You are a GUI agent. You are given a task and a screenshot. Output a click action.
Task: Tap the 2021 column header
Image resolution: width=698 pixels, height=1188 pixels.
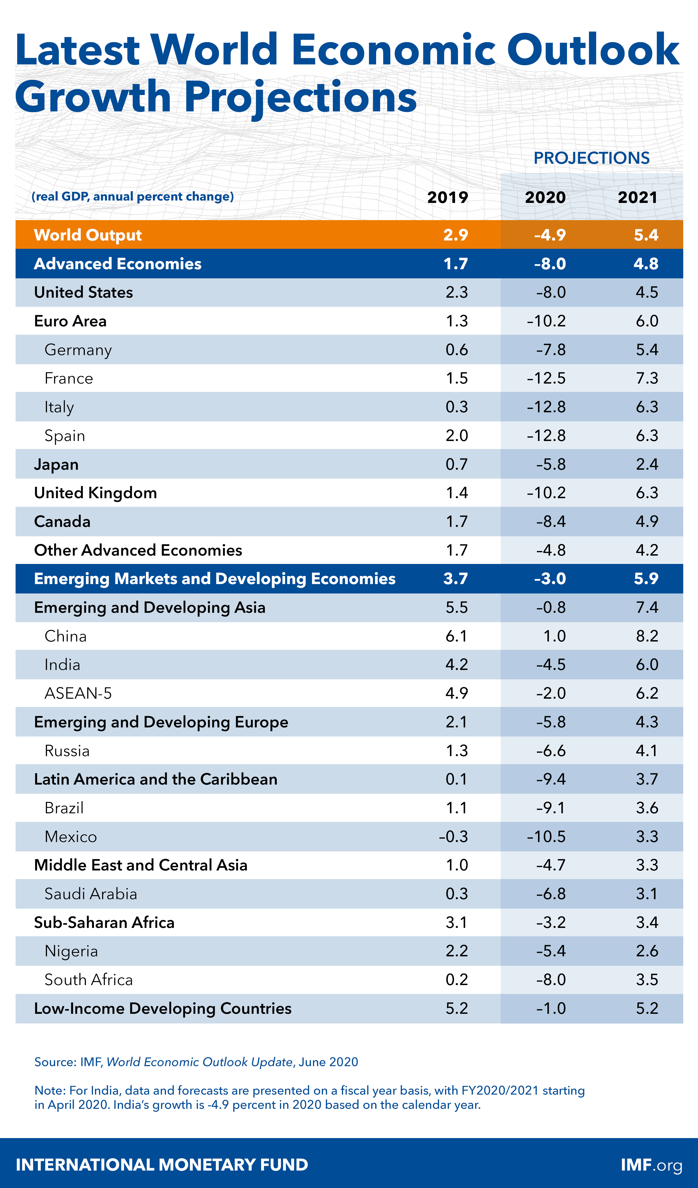pyautogui.click(x=638, y=197)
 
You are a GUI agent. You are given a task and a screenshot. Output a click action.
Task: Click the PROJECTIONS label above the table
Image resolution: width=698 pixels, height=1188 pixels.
pyautogui.click(x=591, y=158)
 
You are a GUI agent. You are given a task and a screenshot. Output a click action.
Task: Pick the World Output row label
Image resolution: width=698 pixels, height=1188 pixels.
pyautogui.click(x=88, y=235)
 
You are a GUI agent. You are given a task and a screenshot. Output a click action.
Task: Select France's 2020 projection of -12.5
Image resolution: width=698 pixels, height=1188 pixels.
pyautogui.click(x=546, y=378)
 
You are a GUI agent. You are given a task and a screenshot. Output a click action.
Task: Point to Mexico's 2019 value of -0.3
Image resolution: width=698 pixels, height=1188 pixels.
pyautogui.click(x=453, y=836)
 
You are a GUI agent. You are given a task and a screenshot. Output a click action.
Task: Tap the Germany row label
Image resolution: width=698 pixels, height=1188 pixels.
pyautogui.click(x=78, y=350)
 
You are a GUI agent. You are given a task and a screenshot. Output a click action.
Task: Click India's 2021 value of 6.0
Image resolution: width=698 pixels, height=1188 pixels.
pyautogui.click(x=647, y=664)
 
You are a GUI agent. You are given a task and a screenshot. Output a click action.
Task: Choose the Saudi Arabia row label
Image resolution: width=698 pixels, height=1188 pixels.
pyautogui.click(x=90, y=894)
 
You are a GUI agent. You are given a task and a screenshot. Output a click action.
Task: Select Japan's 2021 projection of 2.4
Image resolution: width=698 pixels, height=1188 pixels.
pyautogui.click(x=647, y=464)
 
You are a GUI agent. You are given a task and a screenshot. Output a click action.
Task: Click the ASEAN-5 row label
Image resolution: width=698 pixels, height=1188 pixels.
pyautogui.click(x=78, y=693)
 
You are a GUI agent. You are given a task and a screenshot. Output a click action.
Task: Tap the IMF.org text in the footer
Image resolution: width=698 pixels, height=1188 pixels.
pyautogui.click(x=651, y=1164)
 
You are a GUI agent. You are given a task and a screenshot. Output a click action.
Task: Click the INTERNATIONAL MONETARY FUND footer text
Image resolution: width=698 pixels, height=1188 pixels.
pyautogui.click(x=162, y=1164)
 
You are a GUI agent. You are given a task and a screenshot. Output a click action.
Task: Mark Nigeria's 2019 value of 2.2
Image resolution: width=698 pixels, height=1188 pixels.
pyautogui.click(x=457, y=951)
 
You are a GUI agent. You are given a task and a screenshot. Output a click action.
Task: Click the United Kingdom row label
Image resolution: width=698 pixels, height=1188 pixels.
pyautogui.click(x=95, y=493)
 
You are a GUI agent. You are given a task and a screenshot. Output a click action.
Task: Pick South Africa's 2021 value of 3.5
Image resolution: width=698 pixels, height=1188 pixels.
pyautogui.click(x=647, y=980)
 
